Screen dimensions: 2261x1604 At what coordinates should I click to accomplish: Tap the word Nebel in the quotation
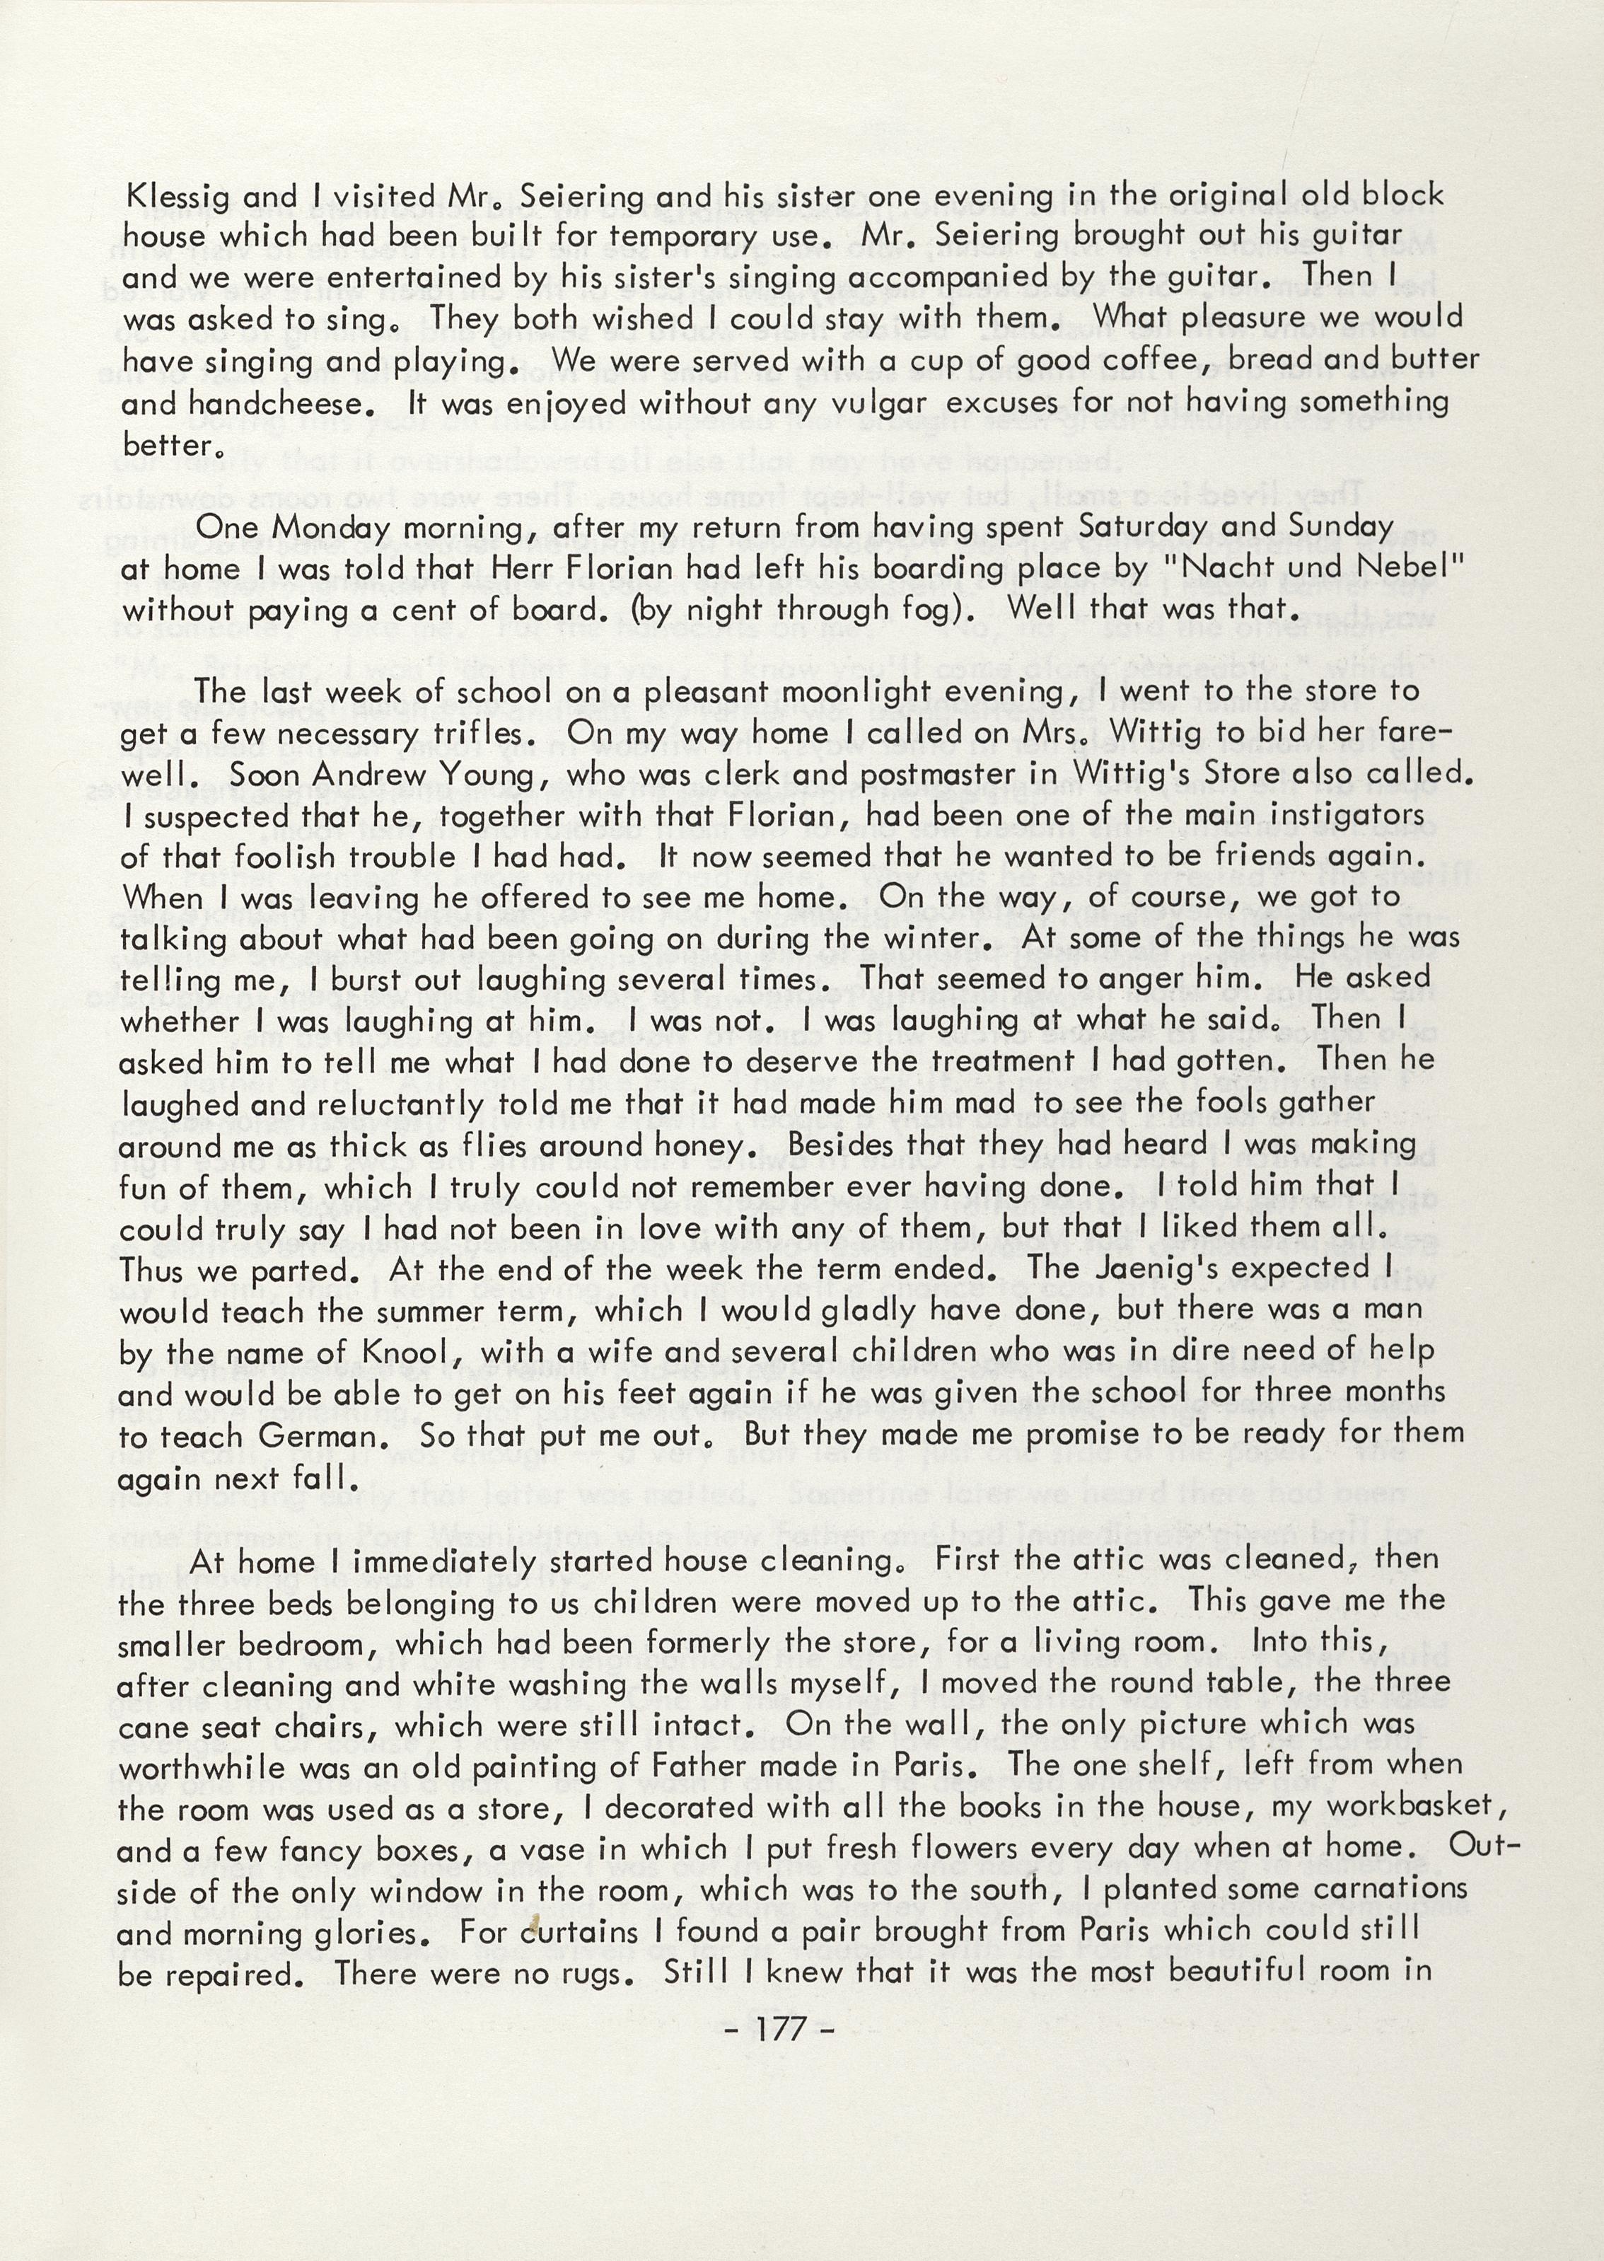point(1397,569)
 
